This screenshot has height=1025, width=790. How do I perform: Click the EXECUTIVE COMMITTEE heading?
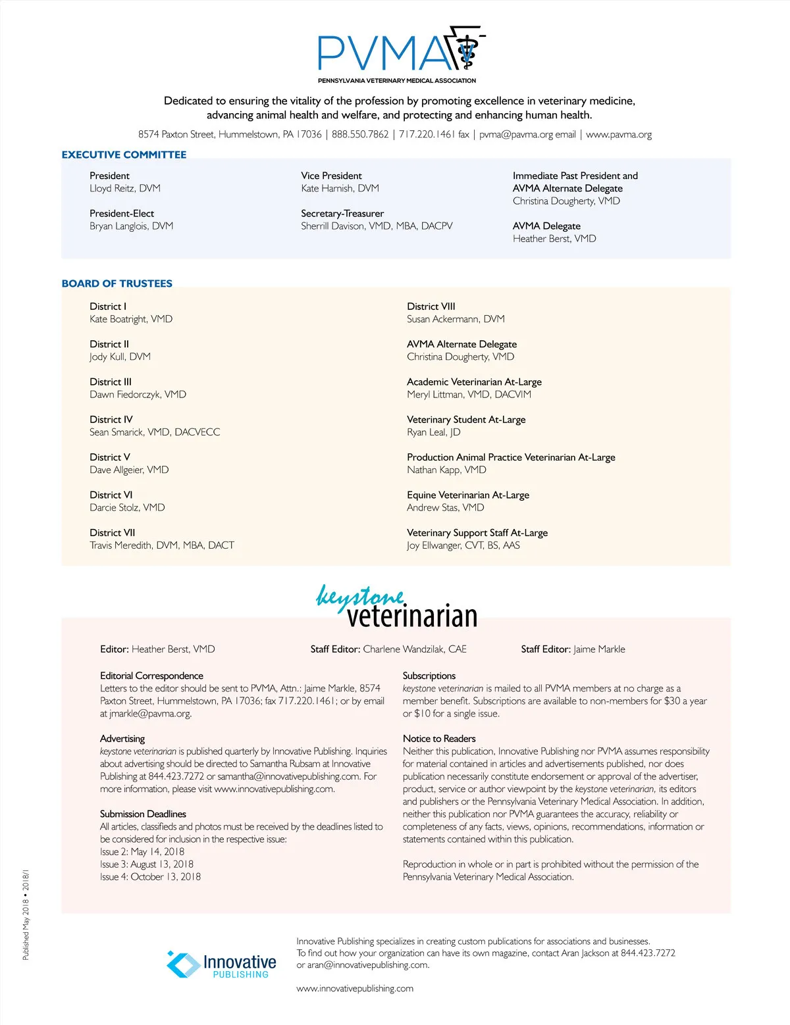[124, 155]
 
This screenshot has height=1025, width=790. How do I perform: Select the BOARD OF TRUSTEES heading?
[117, 284]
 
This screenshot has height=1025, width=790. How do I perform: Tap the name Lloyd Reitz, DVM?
[125, 188]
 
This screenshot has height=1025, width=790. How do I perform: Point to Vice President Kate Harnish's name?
[340, 188]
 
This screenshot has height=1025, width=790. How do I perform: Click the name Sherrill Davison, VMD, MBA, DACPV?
[377, 226]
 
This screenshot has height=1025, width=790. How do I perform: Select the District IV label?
[111, 419]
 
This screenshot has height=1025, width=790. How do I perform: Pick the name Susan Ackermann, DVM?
[456, 319]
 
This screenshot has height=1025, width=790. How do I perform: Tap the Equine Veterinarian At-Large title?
[467, 495]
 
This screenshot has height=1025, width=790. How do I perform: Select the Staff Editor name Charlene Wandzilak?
[415, 649]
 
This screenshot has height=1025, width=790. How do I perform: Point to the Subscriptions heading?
[429, 676]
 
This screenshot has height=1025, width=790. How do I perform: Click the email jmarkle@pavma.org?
[150, 714]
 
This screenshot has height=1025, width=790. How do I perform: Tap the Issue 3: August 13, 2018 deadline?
[147, 864]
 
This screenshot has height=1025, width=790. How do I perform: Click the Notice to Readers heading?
[439, 739]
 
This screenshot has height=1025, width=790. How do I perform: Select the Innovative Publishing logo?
[221, 964]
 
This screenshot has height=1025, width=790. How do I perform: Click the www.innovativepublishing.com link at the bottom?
[355, 988]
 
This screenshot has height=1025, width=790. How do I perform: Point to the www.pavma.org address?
[619, 134]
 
